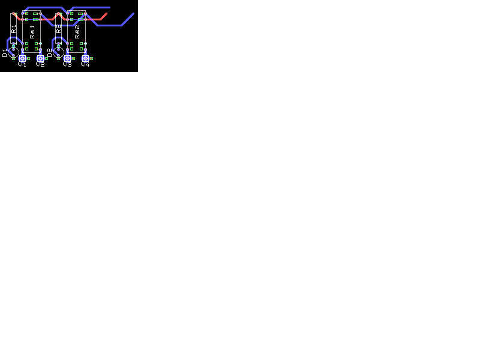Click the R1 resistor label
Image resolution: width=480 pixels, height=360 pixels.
tap(14, 29)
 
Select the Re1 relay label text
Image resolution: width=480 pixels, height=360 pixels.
tap(32, 31)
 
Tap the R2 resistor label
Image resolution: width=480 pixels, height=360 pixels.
tap(59, 29)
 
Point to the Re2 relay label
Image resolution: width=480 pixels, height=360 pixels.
tap(77, 31)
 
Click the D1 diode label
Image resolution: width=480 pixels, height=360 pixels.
tap(5, 53)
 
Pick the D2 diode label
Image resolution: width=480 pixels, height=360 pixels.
tap(50, 53)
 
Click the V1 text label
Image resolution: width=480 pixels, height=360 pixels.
tap(22, 64)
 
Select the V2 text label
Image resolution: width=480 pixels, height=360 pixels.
tap(40, 64)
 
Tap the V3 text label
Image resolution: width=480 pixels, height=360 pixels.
tap(67, 64)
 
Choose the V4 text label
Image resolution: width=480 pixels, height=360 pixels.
tap(85, 64)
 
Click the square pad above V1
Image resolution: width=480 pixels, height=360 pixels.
tap(22, 58)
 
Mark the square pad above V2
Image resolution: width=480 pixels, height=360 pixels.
tap(40, 58)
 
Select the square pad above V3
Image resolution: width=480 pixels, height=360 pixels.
tap(67, 58)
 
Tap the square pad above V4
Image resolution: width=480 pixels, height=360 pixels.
tap(85, 58)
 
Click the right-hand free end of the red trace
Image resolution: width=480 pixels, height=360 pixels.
tap(106, 14)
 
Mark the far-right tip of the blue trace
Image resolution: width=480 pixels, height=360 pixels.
tap(133, 13)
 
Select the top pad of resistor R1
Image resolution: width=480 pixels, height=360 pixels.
tap(13, 13)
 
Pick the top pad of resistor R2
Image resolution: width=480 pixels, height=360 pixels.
tap(58, 13)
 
